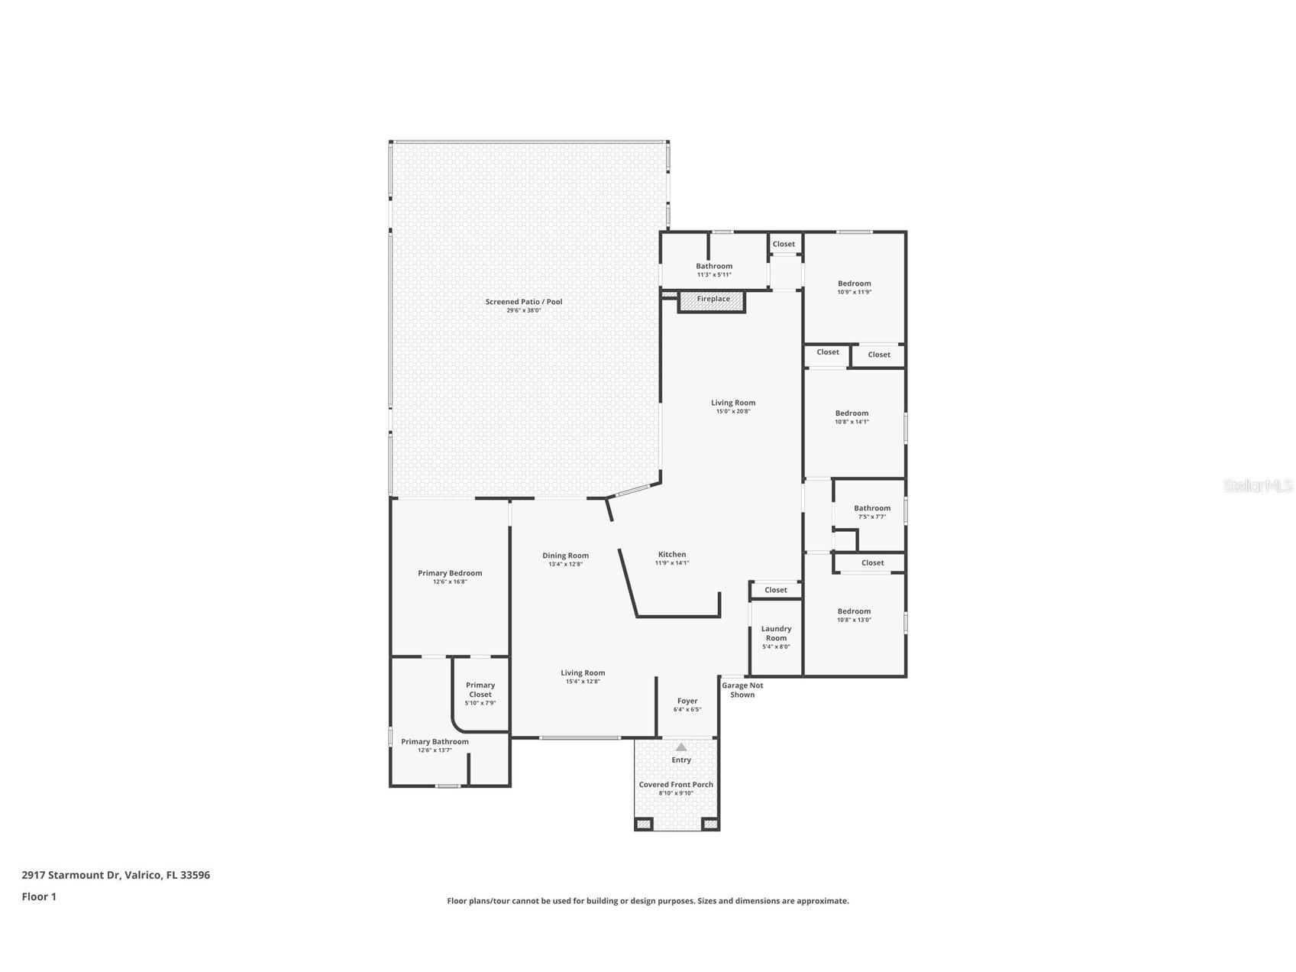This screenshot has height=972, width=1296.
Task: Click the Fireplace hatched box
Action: tap(712, 301)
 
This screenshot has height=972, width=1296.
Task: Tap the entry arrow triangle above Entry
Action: tap(681, 747)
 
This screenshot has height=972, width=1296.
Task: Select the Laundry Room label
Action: tap(776, 633)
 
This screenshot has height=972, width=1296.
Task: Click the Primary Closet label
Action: tap(480, 690)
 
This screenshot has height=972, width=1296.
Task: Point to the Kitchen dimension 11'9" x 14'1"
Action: tap(671, 563)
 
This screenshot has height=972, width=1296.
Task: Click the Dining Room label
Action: tap(565, 556)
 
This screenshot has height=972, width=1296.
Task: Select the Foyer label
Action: tap(687, 701)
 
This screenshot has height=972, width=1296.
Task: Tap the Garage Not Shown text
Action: tap(742, 690)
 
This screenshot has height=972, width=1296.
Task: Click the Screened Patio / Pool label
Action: tap(524, 302)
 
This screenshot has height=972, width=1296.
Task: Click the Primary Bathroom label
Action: tap(435, 741)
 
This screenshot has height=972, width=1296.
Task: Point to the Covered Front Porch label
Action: tap(676, 785)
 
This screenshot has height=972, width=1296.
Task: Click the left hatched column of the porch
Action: tap(643, 824)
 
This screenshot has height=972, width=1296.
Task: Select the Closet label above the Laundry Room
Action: tap(775, 590)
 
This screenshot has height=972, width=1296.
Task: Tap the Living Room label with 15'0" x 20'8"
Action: tap(733, 403)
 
